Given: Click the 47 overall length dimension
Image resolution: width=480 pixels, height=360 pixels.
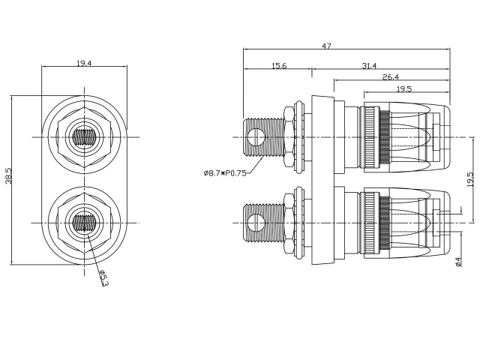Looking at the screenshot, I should [x=326, y=46].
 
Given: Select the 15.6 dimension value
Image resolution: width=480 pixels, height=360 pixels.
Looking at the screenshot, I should [x=278, y=66].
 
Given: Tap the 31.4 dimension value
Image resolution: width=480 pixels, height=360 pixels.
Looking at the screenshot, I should [x=369, y=66].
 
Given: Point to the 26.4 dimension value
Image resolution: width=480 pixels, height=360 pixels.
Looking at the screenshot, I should [x=390, y=77].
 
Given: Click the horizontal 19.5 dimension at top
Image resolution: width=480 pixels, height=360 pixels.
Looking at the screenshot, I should [x=403, y=88].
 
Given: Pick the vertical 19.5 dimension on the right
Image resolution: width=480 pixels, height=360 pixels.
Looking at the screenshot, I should [x=469, y=181].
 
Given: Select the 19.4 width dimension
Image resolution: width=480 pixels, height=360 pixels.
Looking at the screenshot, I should [x=84, y=64].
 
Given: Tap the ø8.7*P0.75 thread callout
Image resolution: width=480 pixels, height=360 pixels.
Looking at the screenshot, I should [x=225, y=173].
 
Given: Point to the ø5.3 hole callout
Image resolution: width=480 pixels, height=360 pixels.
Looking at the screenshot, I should [x=103, y=279].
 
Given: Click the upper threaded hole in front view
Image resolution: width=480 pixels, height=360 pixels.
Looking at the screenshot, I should [x=84, y=137].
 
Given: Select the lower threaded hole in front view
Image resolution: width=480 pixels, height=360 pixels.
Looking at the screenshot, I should [x=84, y=223].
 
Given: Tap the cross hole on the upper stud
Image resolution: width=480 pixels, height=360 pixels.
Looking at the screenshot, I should [x=256, y=137].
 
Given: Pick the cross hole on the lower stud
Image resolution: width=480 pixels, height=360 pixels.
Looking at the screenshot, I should [x=256, y=223].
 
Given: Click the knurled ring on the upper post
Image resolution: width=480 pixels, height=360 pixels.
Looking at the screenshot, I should [x=379, y=137].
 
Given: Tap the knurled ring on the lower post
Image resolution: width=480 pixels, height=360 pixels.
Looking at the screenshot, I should [x=379, y=223].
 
